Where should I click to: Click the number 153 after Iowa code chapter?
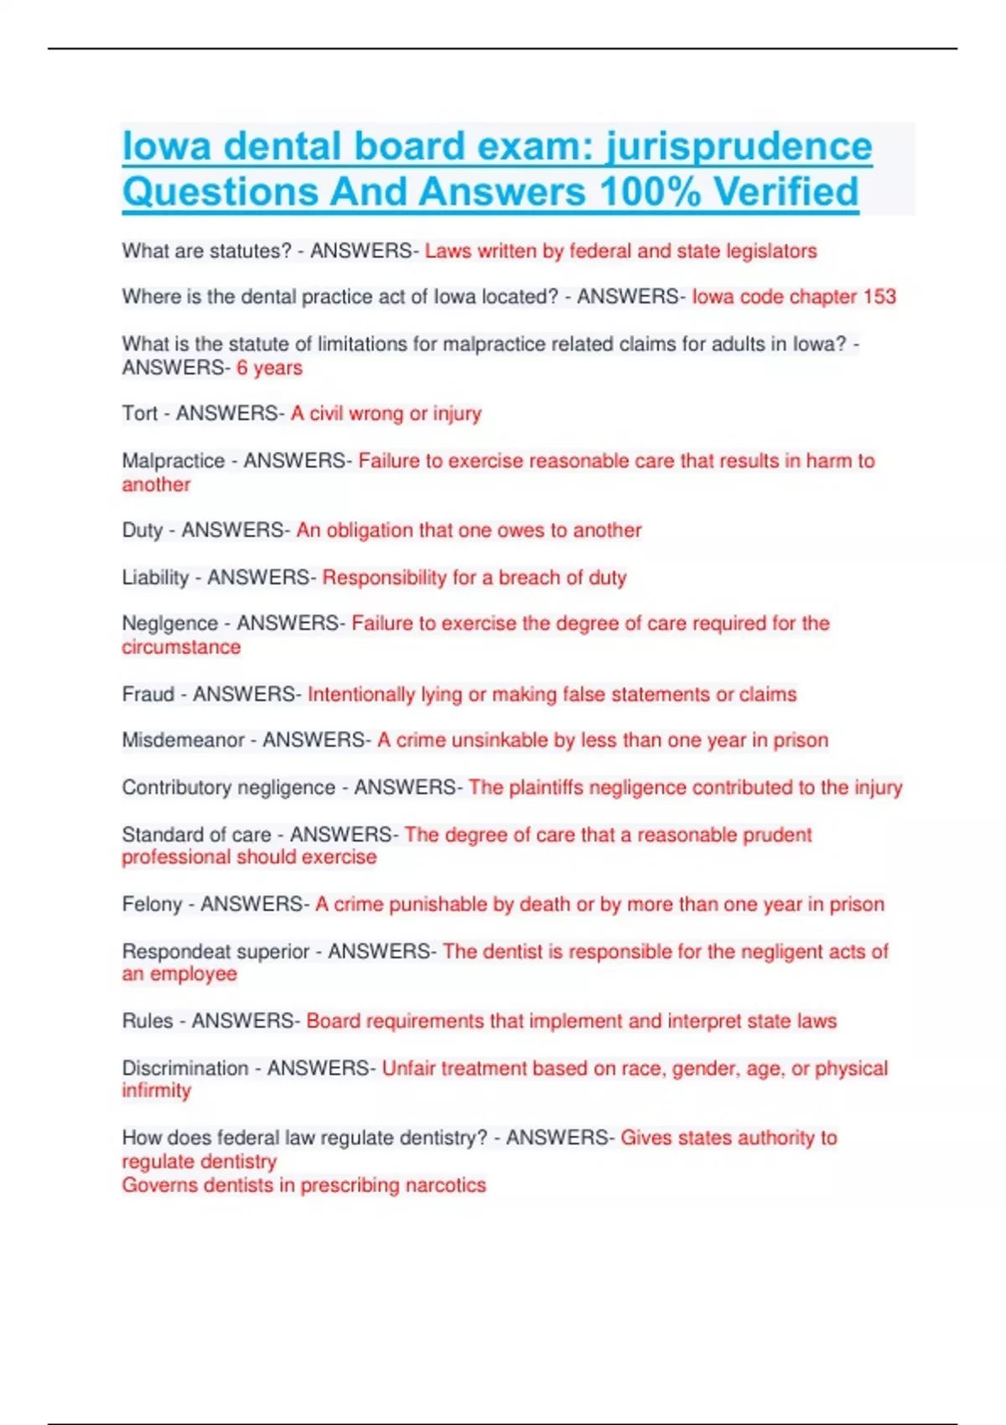(879, 297)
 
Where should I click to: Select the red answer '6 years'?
(269, 368)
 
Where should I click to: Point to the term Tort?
(140, 413)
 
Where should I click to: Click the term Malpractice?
(174, 461)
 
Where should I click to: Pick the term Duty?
(143, 531)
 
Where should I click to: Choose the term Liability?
(156, 578)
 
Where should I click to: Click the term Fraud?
(148, 694)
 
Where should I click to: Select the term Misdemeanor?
(184, 740)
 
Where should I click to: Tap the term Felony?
(152, 904)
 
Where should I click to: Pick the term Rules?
(148, 1021)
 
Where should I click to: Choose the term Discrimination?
(185, 1068)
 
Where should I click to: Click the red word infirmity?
(157, 1091)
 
